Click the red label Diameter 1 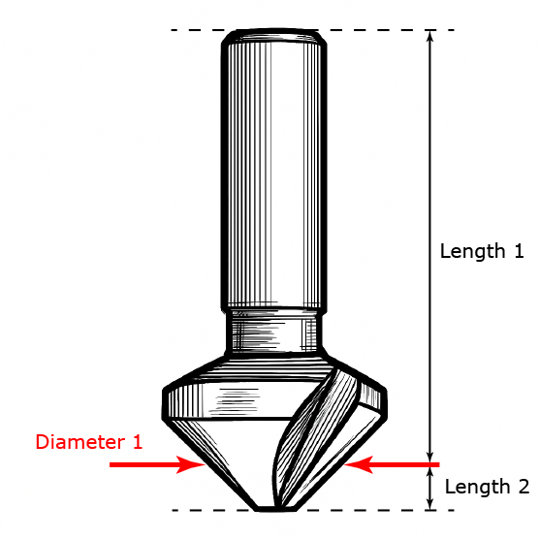[x=89, y=442]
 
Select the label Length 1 [x=482, y=251]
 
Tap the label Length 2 [x=487, y=487]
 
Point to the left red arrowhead [x=191, y=464]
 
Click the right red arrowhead [x=358, y=464]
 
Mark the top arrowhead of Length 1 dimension [x=429, y=37]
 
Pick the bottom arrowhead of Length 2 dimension [x=429, y=504]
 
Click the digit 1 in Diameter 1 [x=137, y=442]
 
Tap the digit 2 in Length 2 [x=523, y=486]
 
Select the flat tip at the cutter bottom [x=276, y=509]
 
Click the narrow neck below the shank [x=274, y=332]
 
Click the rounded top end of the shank [x=274, y=37]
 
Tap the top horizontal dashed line [x=313, y=30]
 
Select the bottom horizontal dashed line [x=313, y=511]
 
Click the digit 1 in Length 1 [x=519, y=251]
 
